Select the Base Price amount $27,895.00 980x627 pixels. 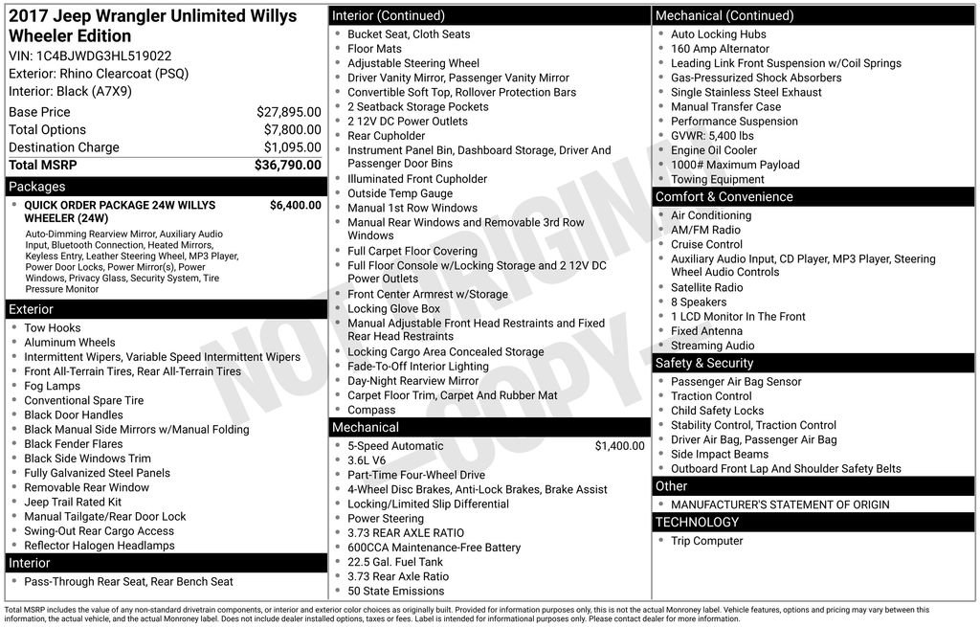pyautogui.click(x=288, y=112)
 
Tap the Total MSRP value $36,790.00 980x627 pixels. pyautogui.click(x=287, y=165)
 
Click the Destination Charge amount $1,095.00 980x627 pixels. pyautogui.click(x=292, y=147)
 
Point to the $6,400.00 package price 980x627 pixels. pyautogui.click(x=295, y=205)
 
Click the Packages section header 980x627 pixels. pyautogui.click(x=37, y=187)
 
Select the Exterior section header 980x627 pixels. pyautogui.click(x=32, y=309)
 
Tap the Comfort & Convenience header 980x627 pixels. pyautogui.click(x=724, y=197)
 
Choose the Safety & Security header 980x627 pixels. pyautogui.click(x=704, y=363)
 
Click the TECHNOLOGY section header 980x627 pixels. pyautogui.click(x=697, y=522)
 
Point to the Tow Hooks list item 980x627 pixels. pyautogui.click(x=53, y=327)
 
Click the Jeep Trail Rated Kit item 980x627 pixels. pyautogui.click(x=73, y=502)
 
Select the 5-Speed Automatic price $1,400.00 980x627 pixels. pyautogui.click(x=619, y=446)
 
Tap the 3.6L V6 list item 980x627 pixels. pyautogui.click(x=368, y=460)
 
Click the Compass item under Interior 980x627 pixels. pyautogui.click(x=371, y=410)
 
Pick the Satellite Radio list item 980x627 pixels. pyautogui.click(x=706, y=287)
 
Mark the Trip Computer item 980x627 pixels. pyautogui.click(x=706, y=541)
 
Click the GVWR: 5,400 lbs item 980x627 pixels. pyautogui.click(x=712, y=136)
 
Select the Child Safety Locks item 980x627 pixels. pyautogui.click(x=717, y=411)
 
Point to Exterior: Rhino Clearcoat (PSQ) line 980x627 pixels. pyautogui.click(x=99, y=74)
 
